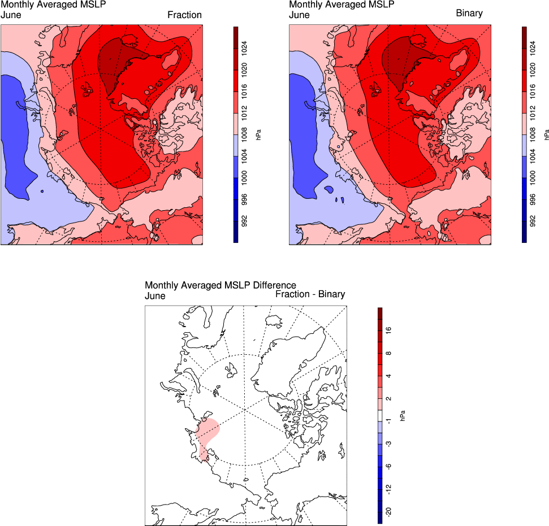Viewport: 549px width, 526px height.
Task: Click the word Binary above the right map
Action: (469, 13)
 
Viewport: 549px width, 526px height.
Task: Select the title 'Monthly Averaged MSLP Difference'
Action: (221, 285)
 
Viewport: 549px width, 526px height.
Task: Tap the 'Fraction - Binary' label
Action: (310, 294)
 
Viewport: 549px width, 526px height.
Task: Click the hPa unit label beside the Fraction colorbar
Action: (258, 134)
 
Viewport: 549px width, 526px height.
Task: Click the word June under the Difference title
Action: (155, 295)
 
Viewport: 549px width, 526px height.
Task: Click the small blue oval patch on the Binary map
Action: (329, 190)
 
